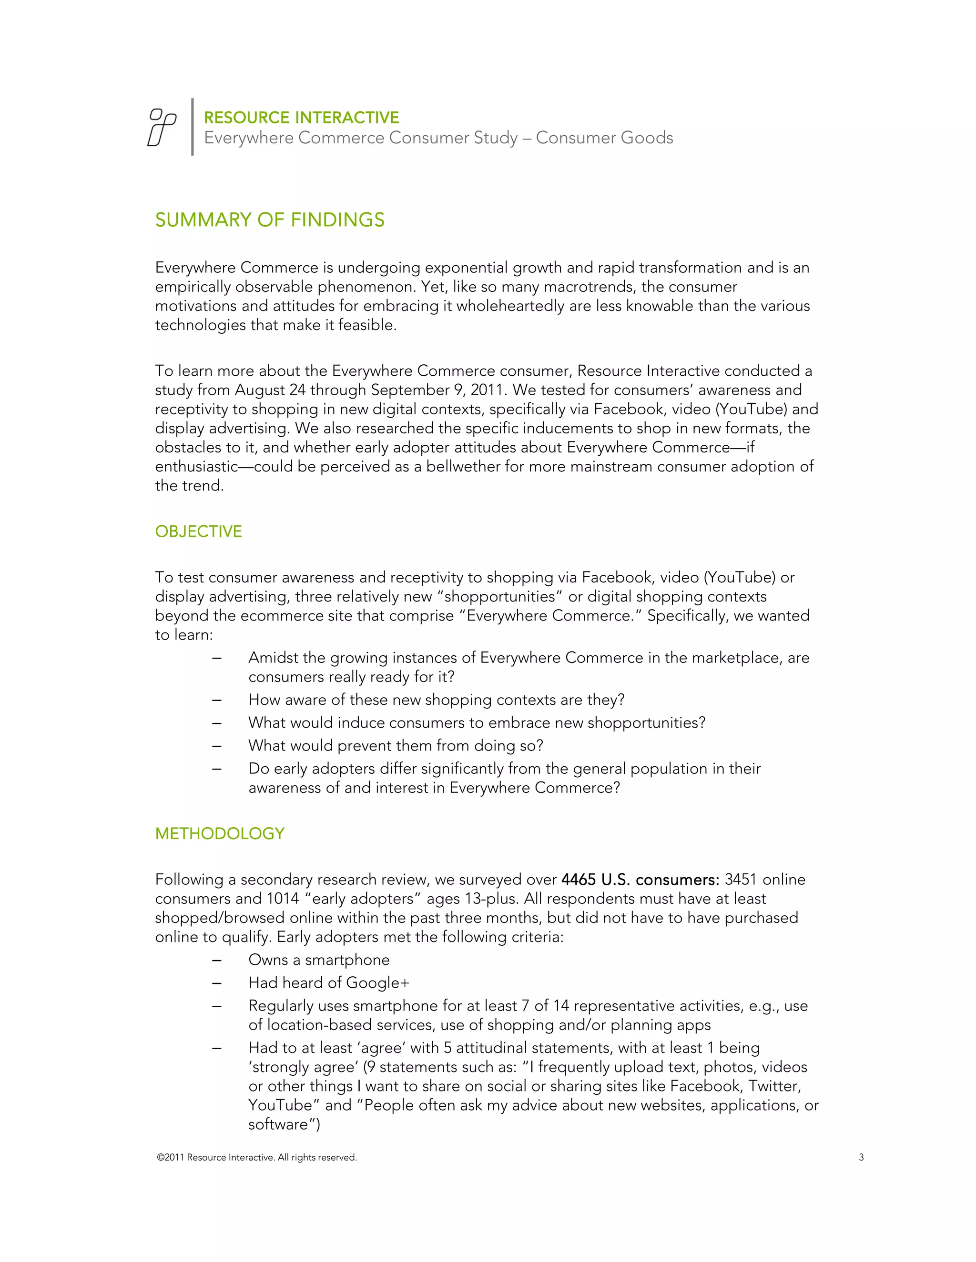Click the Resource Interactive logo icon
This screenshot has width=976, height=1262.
click(162, 127)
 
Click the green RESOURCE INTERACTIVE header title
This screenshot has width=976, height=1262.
click(301, 118)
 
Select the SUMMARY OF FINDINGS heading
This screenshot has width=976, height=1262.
click(269, 220)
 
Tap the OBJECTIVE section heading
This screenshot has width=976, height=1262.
click(198, 531)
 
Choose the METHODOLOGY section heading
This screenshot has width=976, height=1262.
click(220, 834)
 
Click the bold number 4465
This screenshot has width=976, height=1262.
click(578, 880)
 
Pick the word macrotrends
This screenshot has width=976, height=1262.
click(589, 287)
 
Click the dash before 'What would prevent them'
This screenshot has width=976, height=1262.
click(217, 746)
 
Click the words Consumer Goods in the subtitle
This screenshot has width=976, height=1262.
click(604, 138)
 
